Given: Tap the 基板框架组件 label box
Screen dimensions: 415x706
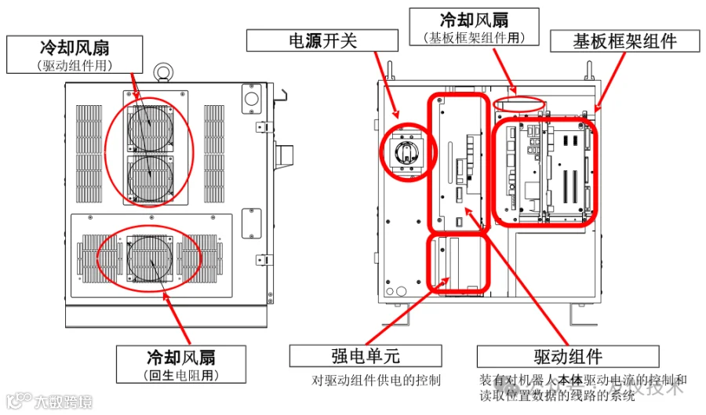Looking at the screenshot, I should tap(624, 41).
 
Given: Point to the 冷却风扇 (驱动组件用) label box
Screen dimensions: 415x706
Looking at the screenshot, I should tap(75, 54).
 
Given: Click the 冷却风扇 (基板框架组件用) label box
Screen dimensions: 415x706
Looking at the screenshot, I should tap(473, 26).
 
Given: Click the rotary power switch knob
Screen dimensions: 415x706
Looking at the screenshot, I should tap(406, 149).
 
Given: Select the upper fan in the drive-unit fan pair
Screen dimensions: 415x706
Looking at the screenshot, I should tap(149, 123).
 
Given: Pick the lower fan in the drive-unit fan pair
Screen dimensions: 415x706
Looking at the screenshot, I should tap(149, 173).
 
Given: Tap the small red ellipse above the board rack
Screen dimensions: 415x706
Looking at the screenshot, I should tap(519, 103).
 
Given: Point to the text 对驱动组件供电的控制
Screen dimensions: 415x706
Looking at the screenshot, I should tap(377, 380).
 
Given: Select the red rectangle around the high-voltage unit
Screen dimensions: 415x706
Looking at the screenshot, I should tap(459, 261).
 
